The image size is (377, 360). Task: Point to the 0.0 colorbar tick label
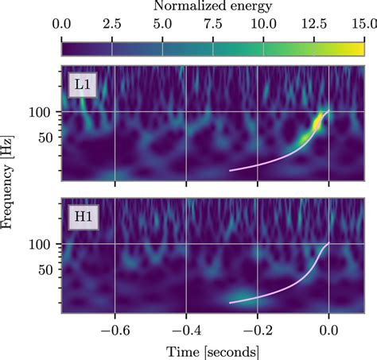click(61, 26)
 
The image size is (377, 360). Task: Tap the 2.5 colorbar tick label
click(111, 26)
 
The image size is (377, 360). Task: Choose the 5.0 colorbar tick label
click(162, 26)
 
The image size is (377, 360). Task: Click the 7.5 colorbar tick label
click(212, 26)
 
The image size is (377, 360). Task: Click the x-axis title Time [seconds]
click(212, 350)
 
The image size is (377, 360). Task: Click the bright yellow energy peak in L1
click(317, 122)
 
